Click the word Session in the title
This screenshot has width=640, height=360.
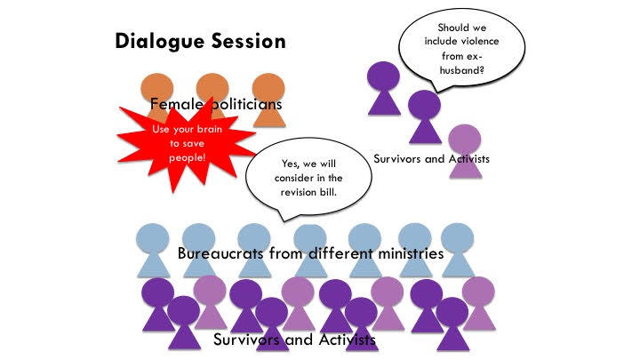tap(249, 41)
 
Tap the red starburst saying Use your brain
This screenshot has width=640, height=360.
tap(186, 144)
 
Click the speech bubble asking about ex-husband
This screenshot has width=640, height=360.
tap(461, 49)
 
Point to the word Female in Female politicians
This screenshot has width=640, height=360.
tap(176, 104)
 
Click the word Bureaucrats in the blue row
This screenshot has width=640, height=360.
tap(220, 253)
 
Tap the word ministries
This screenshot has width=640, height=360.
tap(411, 253)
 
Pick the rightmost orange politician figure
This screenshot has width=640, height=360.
tap(268, 100)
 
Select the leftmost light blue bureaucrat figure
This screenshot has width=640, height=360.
tap(153, 250)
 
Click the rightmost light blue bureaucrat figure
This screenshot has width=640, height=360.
tap(458, 250)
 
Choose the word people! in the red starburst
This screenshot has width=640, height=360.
tap(188, 158)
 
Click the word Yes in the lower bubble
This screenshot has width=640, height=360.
tap(290, 164)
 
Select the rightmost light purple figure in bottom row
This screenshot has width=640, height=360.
tap(478, 303)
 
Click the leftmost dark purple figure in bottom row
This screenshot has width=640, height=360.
tap(158, 305)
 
